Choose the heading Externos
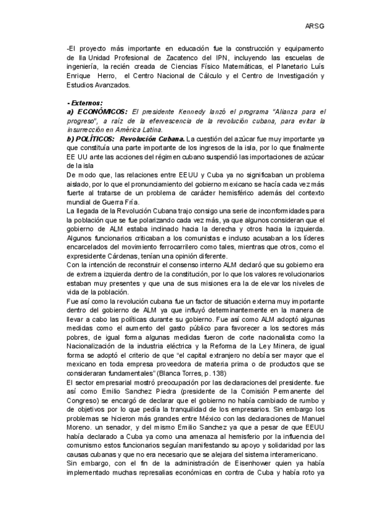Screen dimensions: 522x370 click(85, 102)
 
